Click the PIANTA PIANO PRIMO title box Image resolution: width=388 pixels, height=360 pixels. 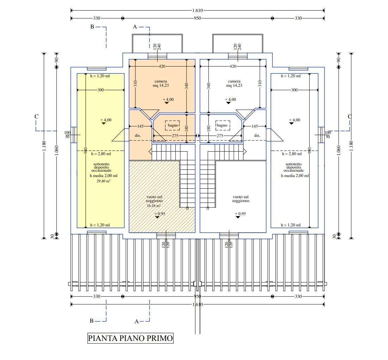click(x=131, y=338)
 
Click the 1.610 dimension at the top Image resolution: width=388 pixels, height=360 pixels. click(x=198, y=10)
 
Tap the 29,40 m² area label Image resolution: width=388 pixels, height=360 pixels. click(x=103, y=181)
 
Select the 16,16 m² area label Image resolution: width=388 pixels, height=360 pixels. click(x=154, y=206)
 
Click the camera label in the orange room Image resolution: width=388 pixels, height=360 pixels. click(x=161, y=81)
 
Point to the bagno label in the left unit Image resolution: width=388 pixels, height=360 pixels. click(x=173, y=125)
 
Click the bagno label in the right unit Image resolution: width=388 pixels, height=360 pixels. click(x=222, y=125)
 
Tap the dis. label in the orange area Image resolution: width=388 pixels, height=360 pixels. click(x=138, y=136)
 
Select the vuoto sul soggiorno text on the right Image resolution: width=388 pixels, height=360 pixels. click(x=241, y=199)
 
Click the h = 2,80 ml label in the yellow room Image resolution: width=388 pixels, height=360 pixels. click(x=101, y=154)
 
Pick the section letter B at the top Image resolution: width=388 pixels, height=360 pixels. click(x=92, y=27)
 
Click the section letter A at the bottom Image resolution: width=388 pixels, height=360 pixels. click(x=137, y=322)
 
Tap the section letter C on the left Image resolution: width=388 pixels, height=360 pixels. click(x=37, y=117)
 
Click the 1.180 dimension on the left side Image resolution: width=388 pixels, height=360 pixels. click(x=44, y=146)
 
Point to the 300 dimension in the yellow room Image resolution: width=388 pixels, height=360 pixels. click(x=101, y=90)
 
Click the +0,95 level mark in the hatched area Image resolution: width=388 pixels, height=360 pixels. click(x=160, y=214)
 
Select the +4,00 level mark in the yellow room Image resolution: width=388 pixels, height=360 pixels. click(x=106, y=120)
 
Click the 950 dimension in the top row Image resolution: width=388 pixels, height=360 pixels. click(x=198, y=18)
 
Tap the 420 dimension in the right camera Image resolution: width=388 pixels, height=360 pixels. click(x=233, y=66)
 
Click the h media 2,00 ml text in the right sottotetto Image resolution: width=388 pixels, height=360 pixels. click(x=295, y=176)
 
